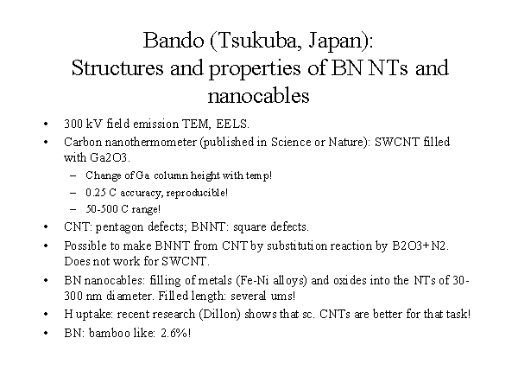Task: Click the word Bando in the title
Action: pos(174,41)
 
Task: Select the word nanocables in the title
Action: pos(258,96)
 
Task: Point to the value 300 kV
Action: pos(84,124)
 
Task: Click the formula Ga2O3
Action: pos(109,157)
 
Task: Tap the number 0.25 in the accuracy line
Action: pos(96,193)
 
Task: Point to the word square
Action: pos(250,227)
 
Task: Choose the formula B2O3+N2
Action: pos(419,246)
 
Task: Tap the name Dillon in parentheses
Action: pos(219,314)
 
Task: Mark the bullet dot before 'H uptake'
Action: pos(46,315)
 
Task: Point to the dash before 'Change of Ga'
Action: pos(73,175)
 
